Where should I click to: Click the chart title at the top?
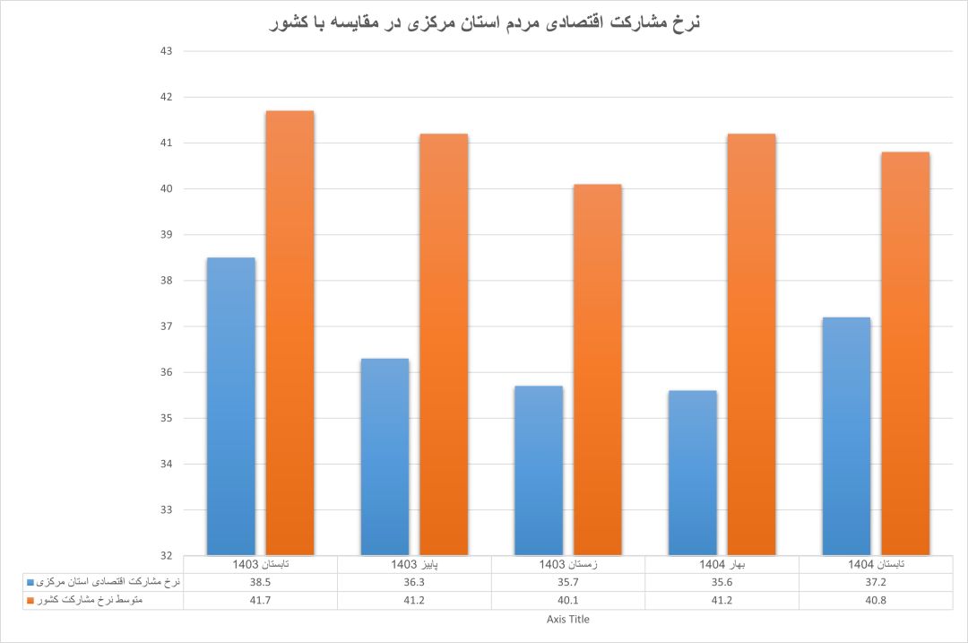click(x=484, y=22)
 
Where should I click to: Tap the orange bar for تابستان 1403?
click(x=290, y=332)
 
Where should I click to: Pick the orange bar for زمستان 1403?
click(x=598, y=369)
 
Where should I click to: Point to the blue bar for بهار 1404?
click(x=693, y=472)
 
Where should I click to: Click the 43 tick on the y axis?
click(x=166, y=51)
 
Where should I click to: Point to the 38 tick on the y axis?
click(x=166, y=281)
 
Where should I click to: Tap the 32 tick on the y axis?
click(x=166, y=556)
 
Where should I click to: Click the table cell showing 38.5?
click(x=260, y=582)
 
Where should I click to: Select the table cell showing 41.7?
click(x=260, y=600)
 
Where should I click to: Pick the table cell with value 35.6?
click(x=722, y=582)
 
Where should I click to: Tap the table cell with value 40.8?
click(x=877, y=600)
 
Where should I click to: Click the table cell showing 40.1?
click(x=568, y=600)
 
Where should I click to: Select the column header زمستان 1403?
click(x=568, y=565)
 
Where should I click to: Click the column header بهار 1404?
click(x=722, y=565)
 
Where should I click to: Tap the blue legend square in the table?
click(x=30, y=582)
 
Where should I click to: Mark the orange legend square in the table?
click(x=30, y=600)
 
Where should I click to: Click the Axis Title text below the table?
click(x=568, y=619)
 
